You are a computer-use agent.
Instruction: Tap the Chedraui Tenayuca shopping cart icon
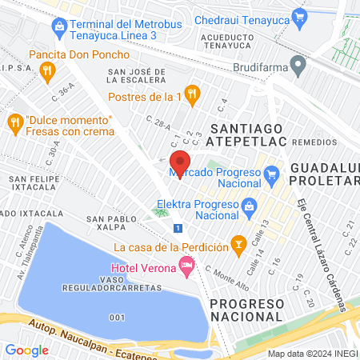click(x=300, y=15)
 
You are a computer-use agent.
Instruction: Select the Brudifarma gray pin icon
click(x=298, y=63)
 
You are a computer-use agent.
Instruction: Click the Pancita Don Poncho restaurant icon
click(x=48, y=70)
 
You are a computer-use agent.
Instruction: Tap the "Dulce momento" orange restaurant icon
click(x=14, y=122)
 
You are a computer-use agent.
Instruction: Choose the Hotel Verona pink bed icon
click(x=187, y=263)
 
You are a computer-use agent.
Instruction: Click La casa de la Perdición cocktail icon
click(x=238, y=242)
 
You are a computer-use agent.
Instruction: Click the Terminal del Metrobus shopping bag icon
click(x=58, y=26)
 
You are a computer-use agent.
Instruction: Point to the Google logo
click(x=26, y=350)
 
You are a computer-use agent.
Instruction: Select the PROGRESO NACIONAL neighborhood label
click(x=246, y=310)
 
